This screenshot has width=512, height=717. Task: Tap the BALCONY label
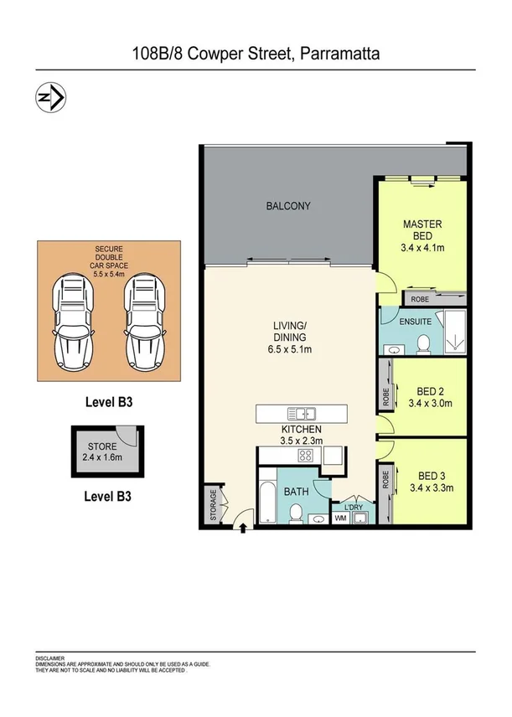(x=287, y=206)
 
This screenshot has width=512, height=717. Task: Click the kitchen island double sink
(x=300, y=413)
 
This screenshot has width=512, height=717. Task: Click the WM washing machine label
(x=342, y=519)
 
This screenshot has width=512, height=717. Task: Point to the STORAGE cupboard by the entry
(x=213, y=506)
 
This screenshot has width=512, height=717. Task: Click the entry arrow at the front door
(x=244, y=528)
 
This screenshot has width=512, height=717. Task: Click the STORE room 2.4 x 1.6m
(x=100, y=453)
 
